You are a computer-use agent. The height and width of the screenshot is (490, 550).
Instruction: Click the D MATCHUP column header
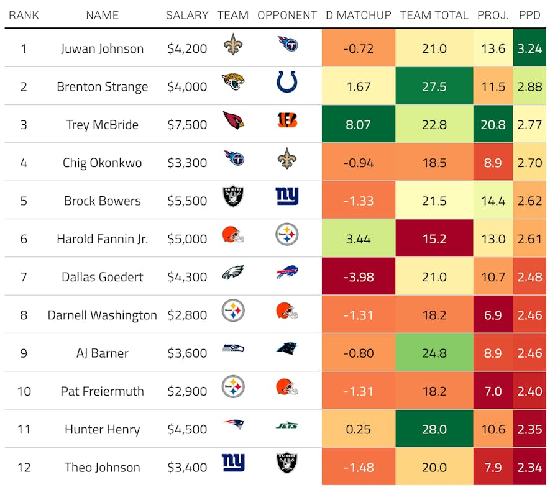tap(359, 15)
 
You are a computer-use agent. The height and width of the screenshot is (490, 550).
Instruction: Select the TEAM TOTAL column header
tap(434, 15)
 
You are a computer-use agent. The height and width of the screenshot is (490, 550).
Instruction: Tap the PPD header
tap(529, 15)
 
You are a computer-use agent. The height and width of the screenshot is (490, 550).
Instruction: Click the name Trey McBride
tap(102, 125)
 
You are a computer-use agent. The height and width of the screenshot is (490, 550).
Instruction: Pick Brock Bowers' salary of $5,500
tap(187, 201)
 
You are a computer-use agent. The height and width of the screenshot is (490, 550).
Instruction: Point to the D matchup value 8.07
tap(359, 125)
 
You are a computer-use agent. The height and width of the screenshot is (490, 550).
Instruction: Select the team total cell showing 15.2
tap(434, 239)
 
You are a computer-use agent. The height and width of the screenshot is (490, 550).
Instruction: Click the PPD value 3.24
tap(529, 48)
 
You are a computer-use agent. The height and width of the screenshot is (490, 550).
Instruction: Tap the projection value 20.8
tap(493, 125)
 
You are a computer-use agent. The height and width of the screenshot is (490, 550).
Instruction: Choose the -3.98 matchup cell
tap(359, 277)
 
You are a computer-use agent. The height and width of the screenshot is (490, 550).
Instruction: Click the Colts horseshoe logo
tap(286, 82)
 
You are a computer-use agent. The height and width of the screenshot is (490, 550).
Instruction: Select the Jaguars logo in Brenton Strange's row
tap(233, 82)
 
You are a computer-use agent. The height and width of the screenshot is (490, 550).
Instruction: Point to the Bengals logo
tap(286, 120)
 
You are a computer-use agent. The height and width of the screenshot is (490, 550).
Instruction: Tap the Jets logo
tap(286, 425)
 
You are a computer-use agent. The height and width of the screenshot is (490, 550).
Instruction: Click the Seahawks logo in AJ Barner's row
tap(233, 348)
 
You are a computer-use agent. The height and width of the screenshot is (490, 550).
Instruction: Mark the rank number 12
tap(24, 468)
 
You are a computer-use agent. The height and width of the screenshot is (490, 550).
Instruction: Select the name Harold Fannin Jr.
tap(102, 239)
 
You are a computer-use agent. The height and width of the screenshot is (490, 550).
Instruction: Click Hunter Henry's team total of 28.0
tap(434, 429)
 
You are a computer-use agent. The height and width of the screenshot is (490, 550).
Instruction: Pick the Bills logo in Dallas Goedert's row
tap(286, 273)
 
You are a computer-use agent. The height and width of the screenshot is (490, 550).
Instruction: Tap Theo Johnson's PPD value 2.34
tap(529, 468)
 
